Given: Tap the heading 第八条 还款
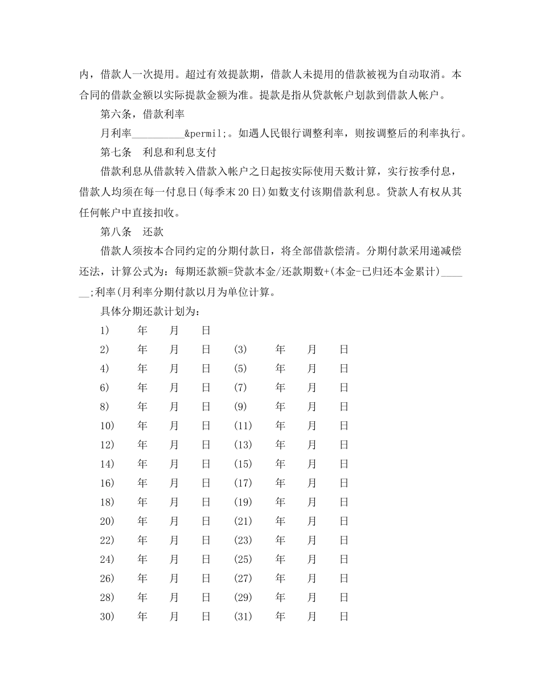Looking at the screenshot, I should coord(132,232).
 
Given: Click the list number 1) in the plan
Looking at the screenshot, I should coord(104,331).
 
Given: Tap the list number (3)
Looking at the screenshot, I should coord(240,349).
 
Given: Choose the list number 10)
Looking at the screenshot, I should coord(107,426).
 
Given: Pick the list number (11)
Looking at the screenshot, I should coord(243,426).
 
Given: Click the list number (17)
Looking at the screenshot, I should coord(243,483).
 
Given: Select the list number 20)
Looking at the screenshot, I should coord(107,521).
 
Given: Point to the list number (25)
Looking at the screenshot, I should coord(243,559).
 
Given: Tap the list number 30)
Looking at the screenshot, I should coord(107,616).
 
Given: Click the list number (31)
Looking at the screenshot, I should coord(243,616).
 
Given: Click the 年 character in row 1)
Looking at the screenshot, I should coord(142,331).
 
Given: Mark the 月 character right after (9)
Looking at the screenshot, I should coord(312,407).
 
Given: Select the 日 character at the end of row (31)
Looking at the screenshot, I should coord(344,616).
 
